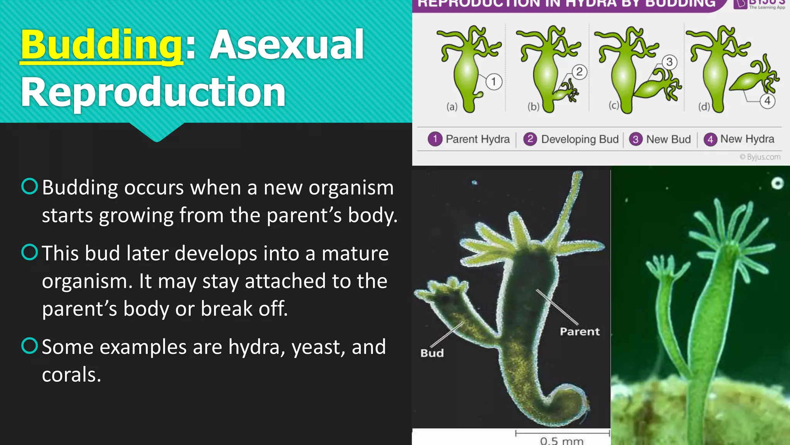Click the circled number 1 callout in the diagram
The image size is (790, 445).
493,82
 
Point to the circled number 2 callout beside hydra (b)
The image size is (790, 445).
579,72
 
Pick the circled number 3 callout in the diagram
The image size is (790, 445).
669,62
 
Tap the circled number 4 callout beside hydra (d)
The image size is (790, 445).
767,101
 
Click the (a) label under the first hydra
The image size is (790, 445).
452,106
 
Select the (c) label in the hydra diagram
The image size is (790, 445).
613,105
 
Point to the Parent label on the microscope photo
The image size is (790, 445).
579,331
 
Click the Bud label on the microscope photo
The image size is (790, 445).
432,353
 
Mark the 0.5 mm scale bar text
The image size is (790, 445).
561,441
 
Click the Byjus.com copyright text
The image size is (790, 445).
760,157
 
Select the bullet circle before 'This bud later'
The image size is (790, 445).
30,252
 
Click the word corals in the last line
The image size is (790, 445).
71,375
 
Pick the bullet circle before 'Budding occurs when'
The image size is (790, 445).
30,186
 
